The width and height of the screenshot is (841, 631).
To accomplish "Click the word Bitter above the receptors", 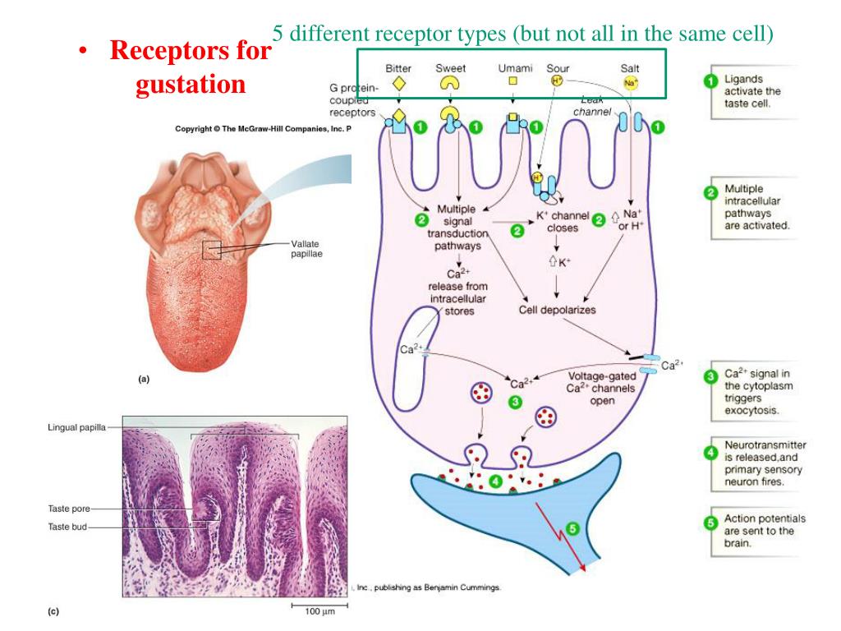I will coord(398,68).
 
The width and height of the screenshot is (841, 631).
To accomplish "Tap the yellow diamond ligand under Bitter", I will coord(398,83).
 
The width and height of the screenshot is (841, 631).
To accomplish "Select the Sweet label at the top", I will coord(450,68).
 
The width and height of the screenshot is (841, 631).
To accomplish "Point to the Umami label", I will coord(515,68).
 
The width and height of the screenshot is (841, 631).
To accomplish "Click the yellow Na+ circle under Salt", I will coord(630,83).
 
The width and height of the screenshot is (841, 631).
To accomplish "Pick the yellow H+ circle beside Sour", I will coord(555,81).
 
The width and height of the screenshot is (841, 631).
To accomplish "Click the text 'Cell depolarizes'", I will coord(557,310).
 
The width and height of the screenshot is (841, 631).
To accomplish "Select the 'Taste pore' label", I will coord(68,509).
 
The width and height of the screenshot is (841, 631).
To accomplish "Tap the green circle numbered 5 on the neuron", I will coord(573,528).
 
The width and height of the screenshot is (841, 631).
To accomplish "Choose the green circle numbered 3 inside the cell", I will coord(515,403).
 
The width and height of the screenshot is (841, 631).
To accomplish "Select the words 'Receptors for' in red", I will coord(190,51).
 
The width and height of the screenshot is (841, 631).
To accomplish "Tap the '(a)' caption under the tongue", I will coord(144,380).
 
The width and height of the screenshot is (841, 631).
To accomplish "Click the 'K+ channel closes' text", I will coord(563,222).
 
